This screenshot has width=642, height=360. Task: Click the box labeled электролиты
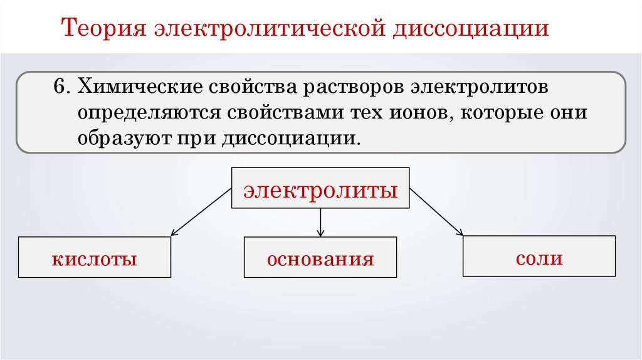(320, 188)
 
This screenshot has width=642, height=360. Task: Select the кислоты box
(95, 257)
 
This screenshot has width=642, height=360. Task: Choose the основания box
(320, 257)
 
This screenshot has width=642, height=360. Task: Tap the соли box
(539, 256)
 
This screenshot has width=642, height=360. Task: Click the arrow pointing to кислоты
(201, 212)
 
